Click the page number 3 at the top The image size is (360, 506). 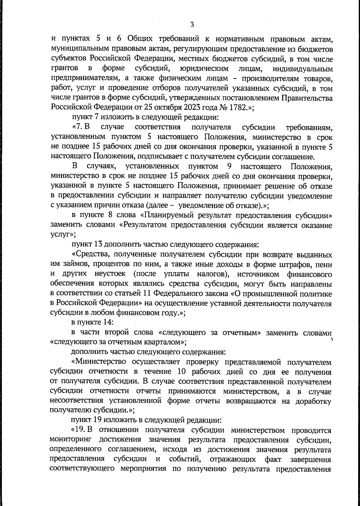(192, 24)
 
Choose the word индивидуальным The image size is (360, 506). (303, 69)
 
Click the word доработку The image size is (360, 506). (314, 401)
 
